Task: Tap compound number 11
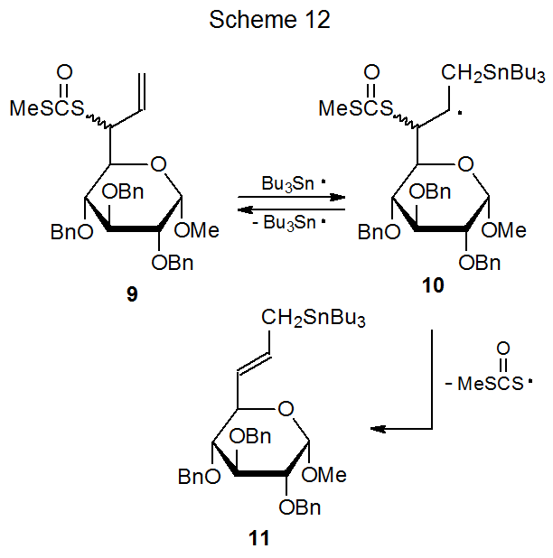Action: [258, 539]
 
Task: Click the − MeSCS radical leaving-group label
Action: [491, 383]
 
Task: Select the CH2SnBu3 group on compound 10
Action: [492, 72]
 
